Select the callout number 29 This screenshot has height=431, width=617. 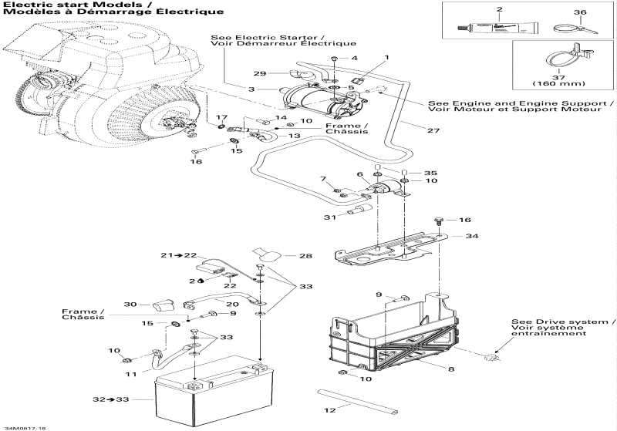click(x=259, y=72)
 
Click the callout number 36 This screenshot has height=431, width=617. click(x=581, y=12)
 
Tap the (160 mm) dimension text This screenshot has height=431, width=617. click(x=558, y=83)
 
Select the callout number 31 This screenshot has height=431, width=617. click(x=329, y=217)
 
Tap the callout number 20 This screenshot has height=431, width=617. click(x=232, y=305)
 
